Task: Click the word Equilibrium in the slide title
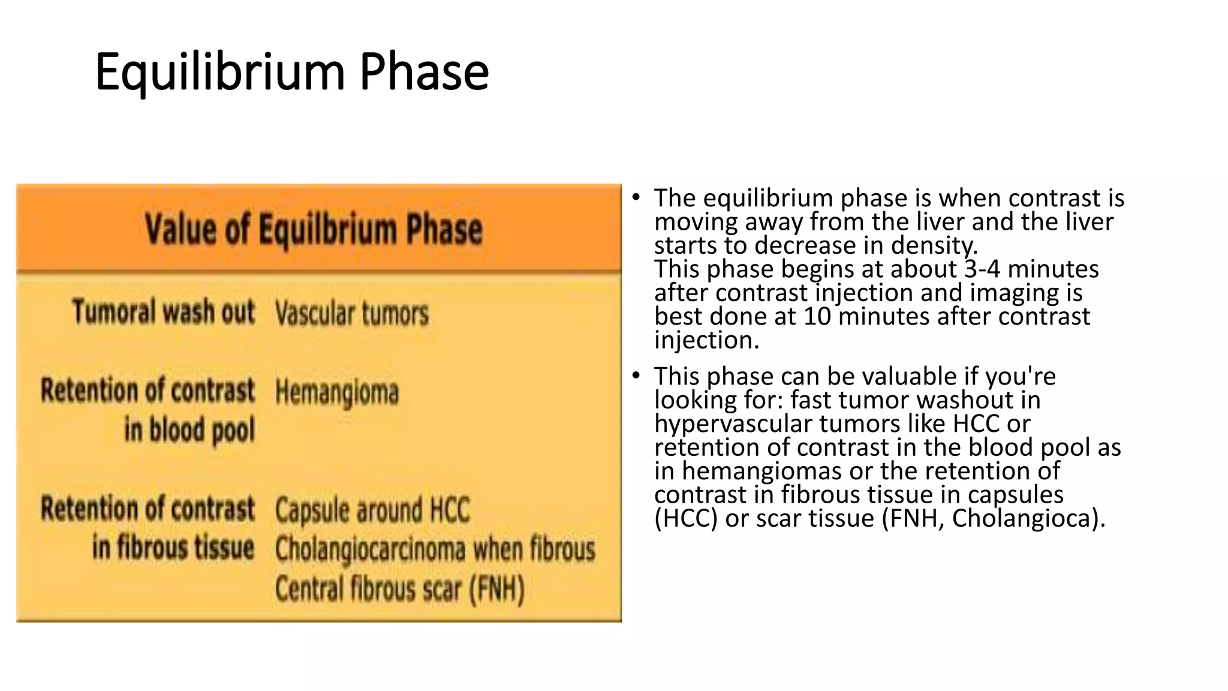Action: coord(219,72)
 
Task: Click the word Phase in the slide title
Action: coord(424,72)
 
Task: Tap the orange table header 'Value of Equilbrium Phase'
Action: coord(313,229)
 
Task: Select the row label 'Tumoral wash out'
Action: coord(163,312)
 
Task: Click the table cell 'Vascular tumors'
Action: coord(352,314)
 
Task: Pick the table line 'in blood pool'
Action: coord(189,430)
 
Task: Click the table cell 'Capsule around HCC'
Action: coord(372,510)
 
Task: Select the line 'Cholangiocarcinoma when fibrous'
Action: coord(435,549)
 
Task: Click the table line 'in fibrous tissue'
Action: coord(173,548)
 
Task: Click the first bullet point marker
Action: coord(636,197)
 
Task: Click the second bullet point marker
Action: coord(636,376)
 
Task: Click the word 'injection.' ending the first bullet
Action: coord(706,340)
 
